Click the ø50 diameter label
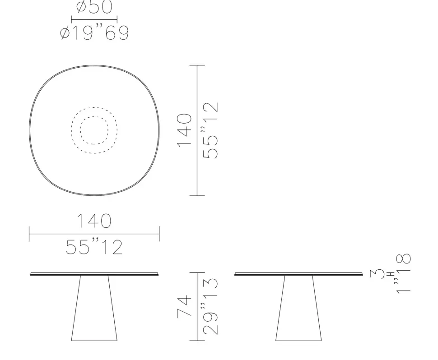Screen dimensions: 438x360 click(x=94, y=7)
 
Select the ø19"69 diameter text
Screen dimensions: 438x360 click(x=94, y=32)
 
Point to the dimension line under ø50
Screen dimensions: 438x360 click(x=94, y=19)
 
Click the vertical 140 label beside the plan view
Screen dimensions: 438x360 click(x=184, y=130)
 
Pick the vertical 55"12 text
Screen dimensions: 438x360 click(x=210, y=130)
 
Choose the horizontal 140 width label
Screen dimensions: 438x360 click(x=94, y=221)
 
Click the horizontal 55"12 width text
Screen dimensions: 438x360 click(x=94, y=247)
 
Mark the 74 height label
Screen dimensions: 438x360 click(x=184, y=306)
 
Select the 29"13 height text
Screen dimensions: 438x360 click(x=210, y=306)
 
